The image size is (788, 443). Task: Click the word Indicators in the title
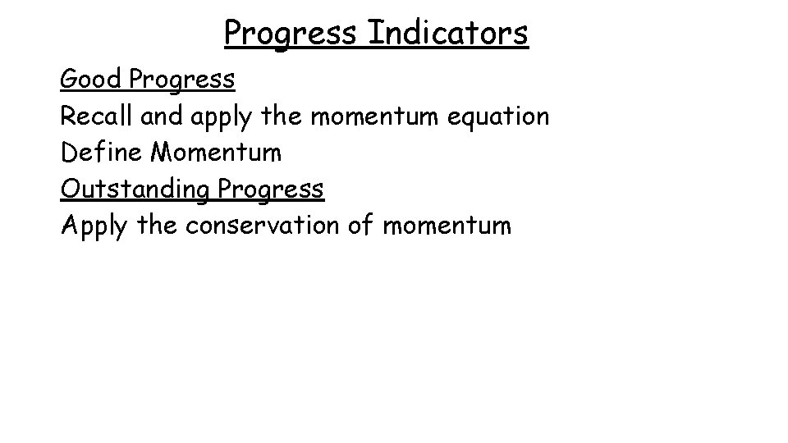[x=448, y=33]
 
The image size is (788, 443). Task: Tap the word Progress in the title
[x=291, y=34]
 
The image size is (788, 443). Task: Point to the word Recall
[x=97, y=116]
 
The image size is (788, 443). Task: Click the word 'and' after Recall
[x=163, y=116]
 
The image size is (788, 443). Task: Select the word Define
[x=101, y=153]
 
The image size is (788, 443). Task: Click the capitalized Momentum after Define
[x=215, y=153]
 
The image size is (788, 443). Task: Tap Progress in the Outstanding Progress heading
[x=271, y=190]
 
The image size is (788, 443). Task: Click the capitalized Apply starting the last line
[x=93, y=226]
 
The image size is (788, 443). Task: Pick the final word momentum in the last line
[x=446, y=226]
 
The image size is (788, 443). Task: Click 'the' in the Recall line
[x=281, y=116]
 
